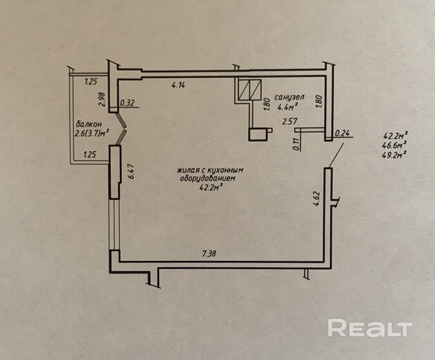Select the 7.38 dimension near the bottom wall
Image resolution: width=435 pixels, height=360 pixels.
pyautogui.click(x=208, y=255)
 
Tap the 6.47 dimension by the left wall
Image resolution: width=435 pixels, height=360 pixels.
pyautogui.click(x=131, y=172)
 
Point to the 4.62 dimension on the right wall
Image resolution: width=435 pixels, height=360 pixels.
pyautogui.click(x=316, y=197)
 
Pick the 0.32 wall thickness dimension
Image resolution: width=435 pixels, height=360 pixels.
pyautogui.click(x=128, y=103)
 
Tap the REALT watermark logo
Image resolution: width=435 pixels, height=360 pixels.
pyautogui.click(x=369, y=328)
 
